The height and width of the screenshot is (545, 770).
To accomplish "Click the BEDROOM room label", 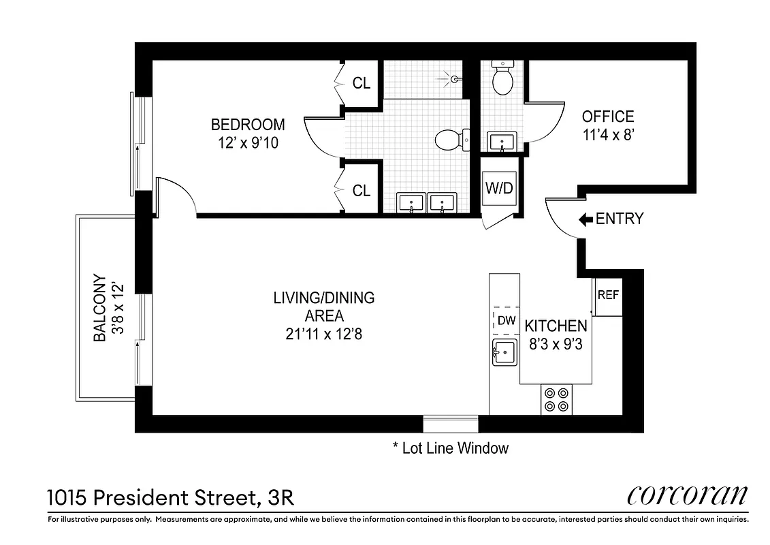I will pyautogui.click(x=247, y=125).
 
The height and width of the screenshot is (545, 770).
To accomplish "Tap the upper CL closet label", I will pyautogui.click(x=362, y=83).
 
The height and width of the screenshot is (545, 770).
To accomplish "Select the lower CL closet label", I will pyautogui.click(x=362, y=191).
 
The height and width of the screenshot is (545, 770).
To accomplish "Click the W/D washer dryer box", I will pyautogui.click(x=499, y=188).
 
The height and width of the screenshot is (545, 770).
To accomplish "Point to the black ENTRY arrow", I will pyautogui.click(x=585, y=219).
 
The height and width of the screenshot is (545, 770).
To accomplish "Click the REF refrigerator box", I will pyautogui.click(x=608, y=296).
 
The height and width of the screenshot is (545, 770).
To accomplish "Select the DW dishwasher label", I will pyautogui.click(x=505, y=320).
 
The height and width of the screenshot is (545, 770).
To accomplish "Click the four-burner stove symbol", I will pyautogui.click(x=557, y=400).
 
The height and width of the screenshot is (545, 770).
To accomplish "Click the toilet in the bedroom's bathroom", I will pyautogui.click(x=449, y=140).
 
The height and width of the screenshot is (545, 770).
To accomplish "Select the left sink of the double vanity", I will pyautogui.click(x=411, y=203).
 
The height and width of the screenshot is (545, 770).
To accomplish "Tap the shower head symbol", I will pyautogui.click(x=455, y=79).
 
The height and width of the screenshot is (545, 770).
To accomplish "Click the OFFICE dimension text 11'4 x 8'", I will pyautogui.click(x=608, y=135).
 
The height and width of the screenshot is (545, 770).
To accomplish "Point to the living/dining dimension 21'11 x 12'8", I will pyautogui.click(x=323, y=334).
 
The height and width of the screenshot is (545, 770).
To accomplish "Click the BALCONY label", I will pyautogui.click(x=99, y=308).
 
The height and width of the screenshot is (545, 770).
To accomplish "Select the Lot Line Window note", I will pyautogui.click(x=451, y=448).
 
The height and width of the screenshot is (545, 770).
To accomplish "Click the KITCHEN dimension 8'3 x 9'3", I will pyautogui.click(x=556, y=344).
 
